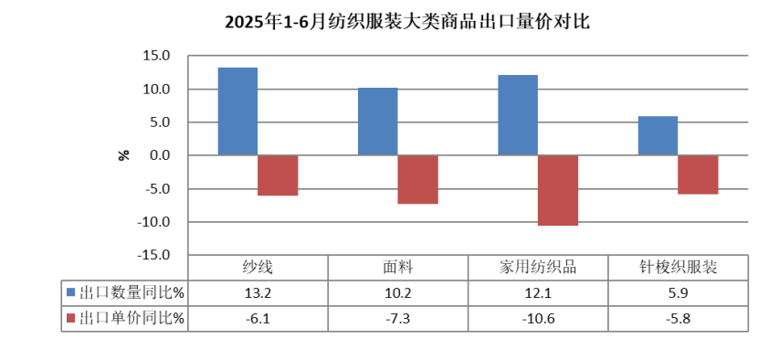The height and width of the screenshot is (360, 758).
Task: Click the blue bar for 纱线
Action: [x=237, y=111]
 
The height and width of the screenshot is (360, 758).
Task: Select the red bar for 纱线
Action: [x=278, y=175]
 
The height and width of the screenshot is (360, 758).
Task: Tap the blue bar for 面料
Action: [x=377, y=122]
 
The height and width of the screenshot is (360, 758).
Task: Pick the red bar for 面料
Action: [x=417, y=179]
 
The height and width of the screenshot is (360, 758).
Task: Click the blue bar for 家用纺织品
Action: [x=518, y=115]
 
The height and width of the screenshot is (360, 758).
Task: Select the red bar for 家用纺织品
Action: [x=558, y=190]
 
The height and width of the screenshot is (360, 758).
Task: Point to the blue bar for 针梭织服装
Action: [x=658, y=136]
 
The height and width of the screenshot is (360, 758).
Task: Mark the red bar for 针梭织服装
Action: [x=698, y=175]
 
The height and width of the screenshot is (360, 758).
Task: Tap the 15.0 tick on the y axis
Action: [x=157, y=56]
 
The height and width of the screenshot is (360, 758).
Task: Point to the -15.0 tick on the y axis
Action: [x=154, y=256]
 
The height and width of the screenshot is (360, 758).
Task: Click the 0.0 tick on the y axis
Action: [x=161, y=156]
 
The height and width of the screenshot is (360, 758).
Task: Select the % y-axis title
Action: [x=125, y=154]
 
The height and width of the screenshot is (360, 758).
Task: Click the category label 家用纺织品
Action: [x=538, y=268]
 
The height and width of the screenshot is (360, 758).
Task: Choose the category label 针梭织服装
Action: [x=678, y=268]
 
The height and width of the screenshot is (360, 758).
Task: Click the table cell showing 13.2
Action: [x=258, y=293]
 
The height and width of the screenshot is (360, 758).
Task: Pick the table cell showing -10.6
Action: [x=538, y=319]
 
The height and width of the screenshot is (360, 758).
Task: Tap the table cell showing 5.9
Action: [x=678, y=293]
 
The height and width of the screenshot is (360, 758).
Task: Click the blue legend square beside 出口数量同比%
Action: [x=71, y=293]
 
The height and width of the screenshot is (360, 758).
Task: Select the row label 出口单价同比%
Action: [x=132, y=319]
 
